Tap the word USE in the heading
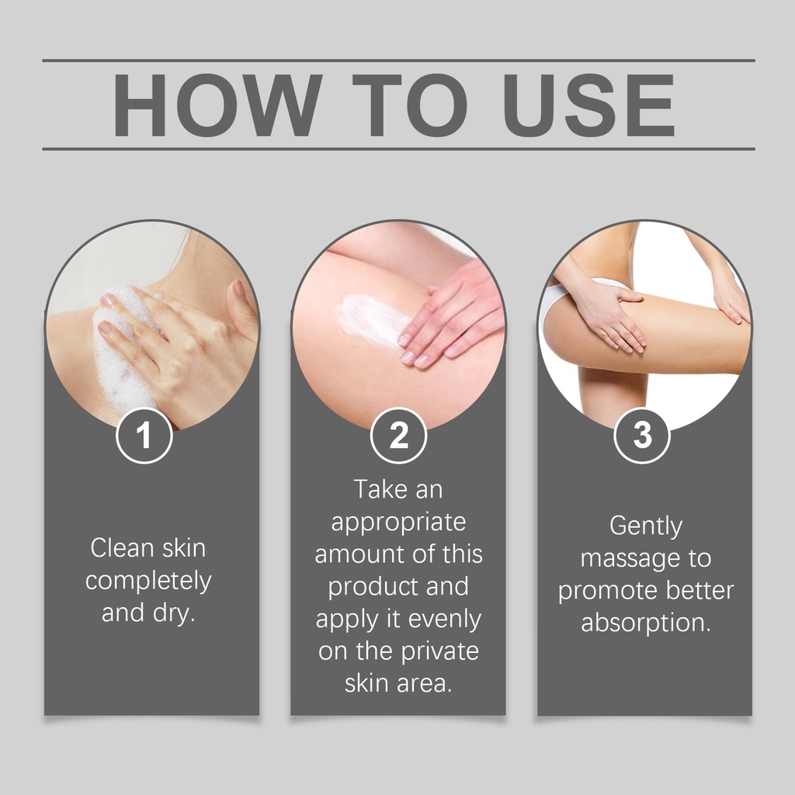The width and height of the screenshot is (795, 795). point(588,105)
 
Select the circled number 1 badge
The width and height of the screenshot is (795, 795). point(144,435)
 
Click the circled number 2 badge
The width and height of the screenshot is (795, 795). point(398,435)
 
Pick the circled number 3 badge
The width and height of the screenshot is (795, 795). point(642,435)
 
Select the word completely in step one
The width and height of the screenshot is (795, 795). point(148,581)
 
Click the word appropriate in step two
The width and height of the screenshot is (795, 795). point(398,522)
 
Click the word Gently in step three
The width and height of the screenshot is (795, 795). point(646,526)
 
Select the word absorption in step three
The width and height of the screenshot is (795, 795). point(646,623)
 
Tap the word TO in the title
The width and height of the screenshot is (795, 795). point(411,105)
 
